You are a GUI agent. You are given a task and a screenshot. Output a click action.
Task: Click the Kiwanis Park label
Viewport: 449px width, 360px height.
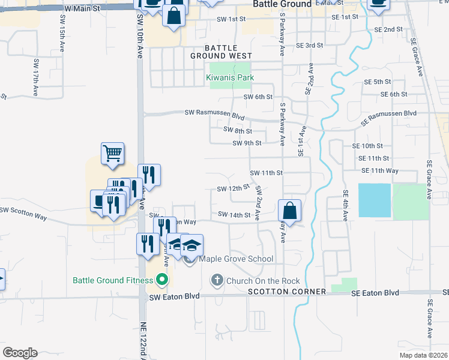pos(230,77)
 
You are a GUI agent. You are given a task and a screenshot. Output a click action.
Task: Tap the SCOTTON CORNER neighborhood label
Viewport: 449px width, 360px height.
pos(287,291)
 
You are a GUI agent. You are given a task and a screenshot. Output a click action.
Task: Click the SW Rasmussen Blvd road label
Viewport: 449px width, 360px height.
pos(214,113)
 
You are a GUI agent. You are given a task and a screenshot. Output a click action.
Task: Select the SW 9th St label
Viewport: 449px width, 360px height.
pos(247,143)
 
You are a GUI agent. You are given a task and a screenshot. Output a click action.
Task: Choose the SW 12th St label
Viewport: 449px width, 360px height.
pos(233,188)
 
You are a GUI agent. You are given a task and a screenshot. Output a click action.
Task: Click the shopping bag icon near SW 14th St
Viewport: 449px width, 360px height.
pos(289,211)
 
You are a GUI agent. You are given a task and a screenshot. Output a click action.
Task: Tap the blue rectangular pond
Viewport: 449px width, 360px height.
pos(374,200)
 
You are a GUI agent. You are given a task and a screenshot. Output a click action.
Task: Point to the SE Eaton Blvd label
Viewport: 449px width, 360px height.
pos(375,293)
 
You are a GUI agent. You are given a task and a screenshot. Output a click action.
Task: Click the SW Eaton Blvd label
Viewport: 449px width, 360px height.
pos(173,297)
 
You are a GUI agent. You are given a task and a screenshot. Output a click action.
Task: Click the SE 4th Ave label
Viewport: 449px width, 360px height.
pos(345,206)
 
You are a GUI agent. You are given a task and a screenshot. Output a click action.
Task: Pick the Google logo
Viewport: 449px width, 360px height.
pos(20,352)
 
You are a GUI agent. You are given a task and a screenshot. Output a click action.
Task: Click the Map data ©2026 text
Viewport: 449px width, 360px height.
pos(423,355)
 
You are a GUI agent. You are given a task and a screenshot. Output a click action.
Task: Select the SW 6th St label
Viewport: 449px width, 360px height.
pos(258,97)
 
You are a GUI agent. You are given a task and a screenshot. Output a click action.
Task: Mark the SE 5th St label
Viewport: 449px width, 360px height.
pos(378,82)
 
